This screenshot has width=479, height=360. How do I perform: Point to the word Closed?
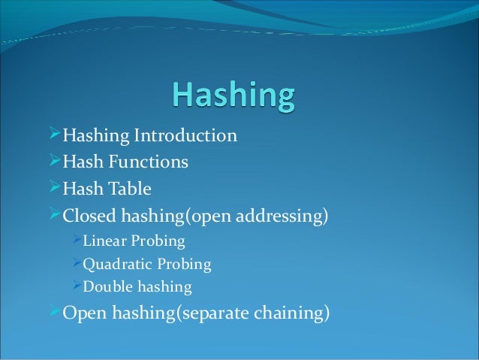click(87, 216)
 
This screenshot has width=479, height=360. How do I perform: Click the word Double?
click(105, 287)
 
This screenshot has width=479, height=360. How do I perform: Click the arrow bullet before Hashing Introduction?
click(53, 136)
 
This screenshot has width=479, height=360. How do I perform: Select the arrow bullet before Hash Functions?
click(53, 162)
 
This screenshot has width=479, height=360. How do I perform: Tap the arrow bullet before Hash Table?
click(53, 188)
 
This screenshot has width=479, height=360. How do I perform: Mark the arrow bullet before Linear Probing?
click(75, 241)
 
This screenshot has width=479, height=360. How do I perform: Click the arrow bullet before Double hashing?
click(75, 287)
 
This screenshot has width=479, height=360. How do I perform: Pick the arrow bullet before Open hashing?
click(53, 313)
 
